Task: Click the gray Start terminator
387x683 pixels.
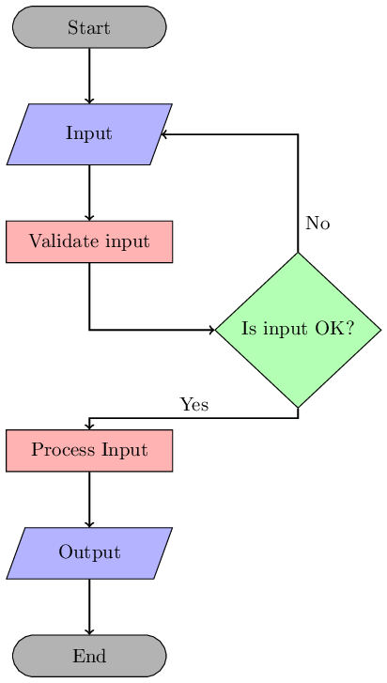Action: pos(89,27)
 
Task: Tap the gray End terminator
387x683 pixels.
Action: pos(89,656)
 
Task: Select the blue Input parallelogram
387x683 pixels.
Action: pos(89,133)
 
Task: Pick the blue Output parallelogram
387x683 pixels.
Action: pos(89,552)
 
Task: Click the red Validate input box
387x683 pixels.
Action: pos(89,241)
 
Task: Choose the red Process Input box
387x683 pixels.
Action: pos(89,450)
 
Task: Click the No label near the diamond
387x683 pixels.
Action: pos(317,224)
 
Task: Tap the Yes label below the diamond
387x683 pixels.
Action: pos(193,405)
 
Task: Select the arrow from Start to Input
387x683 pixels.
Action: pos(89,75)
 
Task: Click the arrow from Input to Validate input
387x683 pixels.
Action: pos(89,193)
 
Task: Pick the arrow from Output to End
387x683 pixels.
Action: pos(89,606)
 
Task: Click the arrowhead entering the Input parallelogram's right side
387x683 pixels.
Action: pos(164,134)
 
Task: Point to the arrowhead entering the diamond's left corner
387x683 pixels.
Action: pos(211,330)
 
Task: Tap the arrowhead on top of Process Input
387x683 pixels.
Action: pos(89,426)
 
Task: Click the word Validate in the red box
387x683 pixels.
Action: pos(59,241)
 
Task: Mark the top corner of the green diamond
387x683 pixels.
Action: pos(298,254)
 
